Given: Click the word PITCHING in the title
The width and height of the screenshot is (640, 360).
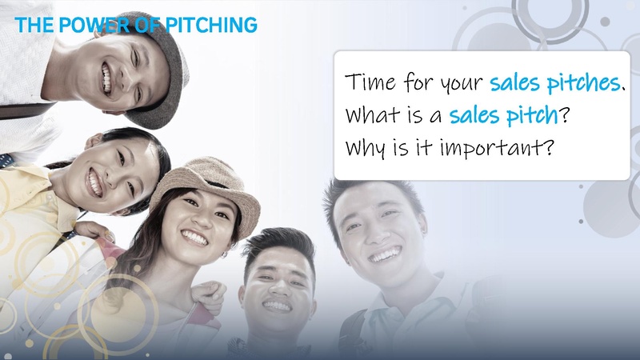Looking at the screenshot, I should (214, 25).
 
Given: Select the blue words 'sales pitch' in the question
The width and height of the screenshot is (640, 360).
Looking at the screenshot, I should (502, 115).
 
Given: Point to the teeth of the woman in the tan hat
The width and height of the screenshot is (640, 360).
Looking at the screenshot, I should (196, 238).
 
